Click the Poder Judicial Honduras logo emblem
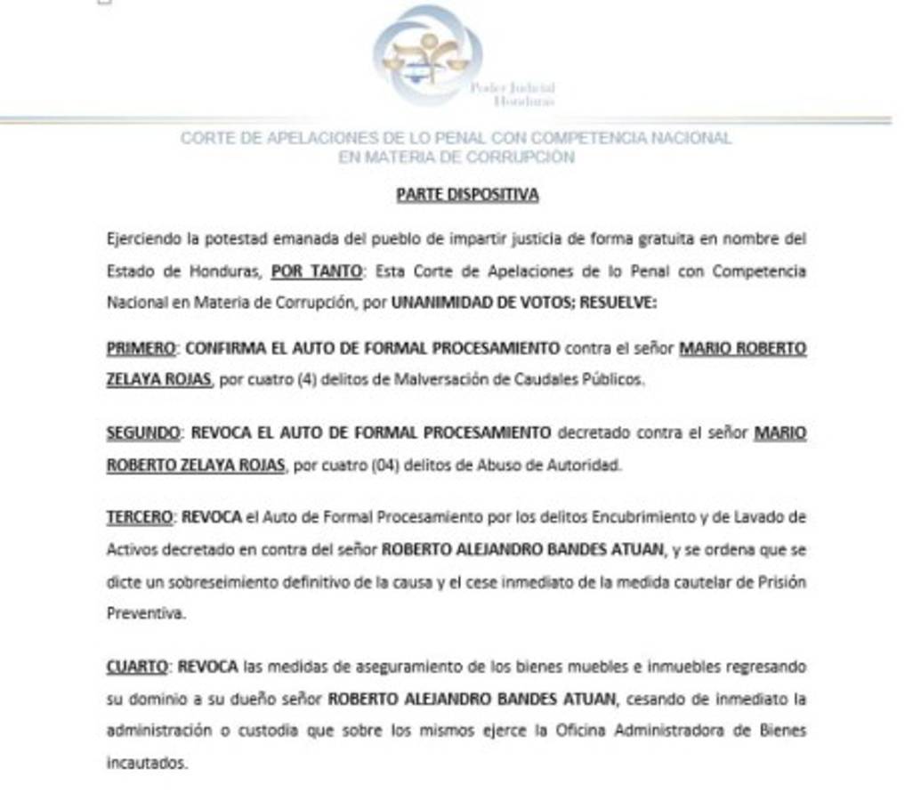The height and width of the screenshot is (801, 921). (428, 56)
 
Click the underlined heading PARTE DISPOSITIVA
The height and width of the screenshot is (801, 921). (467, 194)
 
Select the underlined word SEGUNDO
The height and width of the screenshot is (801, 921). (142, 433)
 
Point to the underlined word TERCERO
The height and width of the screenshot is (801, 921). (141, 516)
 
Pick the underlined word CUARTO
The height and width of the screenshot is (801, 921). (137, 666)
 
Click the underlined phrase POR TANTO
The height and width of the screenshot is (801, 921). (316, 271)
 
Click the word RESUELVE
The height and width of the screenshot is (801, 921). (618, 302)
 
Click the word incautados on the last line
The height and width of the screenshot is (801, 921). (147, 763)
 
